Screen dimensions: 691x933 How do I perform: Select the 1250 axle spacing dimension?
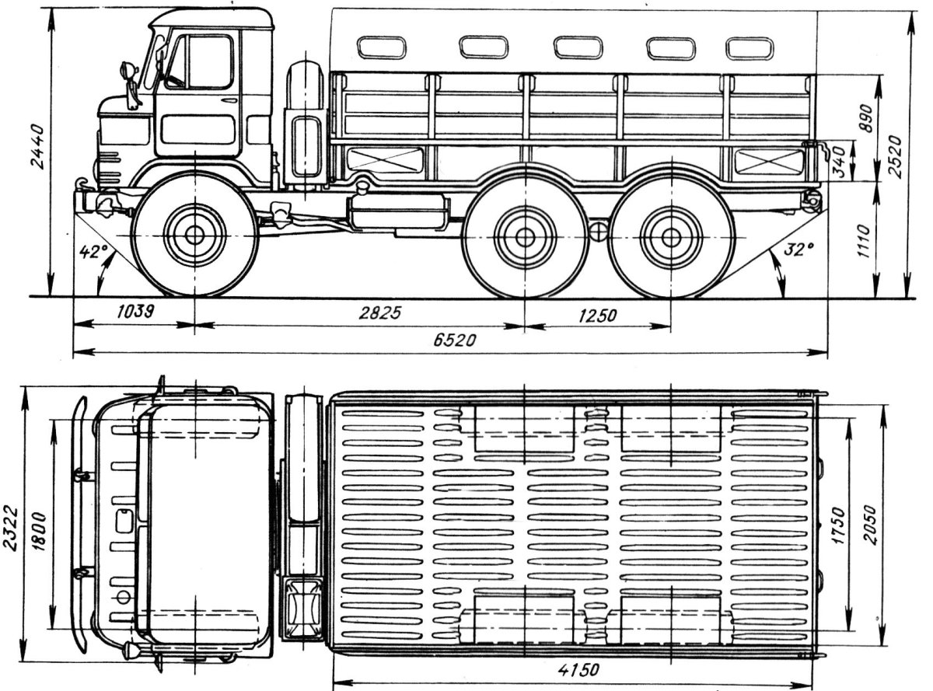tap(597, 315)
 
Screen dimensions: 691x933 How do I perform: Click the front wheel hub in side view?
tap(194, 234)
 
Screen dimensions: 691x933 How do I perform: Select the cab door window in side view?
tap(199, 62)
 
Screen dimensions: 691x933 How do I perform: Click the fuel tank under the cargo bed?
tap(398, 212)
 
